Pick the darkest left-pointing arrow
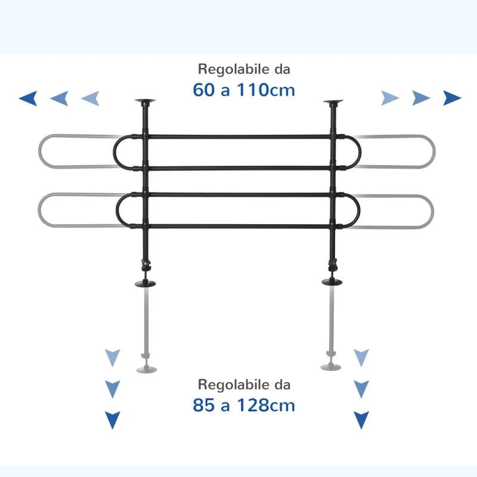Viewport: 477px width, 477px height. (x=28, y=98)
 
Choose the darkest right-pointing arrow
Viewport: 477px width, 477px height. (x=452, y=98)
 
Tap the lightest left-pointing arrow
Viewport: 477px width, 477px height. (x=90, y=98)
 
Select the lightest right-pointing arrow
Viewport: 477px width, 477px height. (x=390, y=98)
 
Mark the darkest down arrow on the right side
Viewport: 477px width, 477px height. (x=361, y=420)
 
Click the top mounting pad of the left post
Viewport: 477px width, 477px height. (x=145, y=102)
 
